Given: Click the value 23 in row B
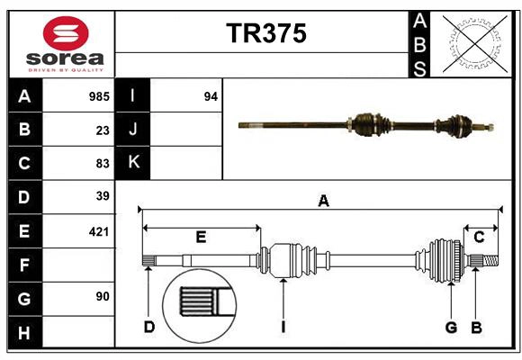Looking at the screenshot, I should (103, 130).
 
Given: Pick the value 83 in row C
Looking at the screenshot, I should (103, 163).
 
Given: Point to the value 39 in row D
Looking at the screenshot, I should (103, 196).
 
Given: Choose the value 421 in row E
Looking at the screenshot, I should (99, 231).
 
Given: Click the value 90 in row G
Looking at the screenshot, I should (103, 296).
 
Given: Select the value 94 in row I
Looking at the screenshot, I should (211, 96).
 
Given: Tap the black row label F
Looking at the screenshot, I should (24, 265).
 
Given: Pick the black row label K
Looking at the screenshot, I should (134, 163).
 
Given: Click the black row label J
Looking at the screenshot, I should (134, 130).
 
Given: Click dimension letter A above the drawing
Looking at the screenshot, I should (322, 202).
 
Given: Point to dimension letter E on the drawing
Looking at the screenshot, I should (201, 238).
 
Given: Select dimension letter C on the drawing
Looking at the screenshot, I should (479, 238).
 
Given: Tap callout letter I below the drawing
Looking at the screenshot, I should (282, 327).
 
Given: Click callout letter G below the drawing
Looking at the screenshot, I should (451, 327).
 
